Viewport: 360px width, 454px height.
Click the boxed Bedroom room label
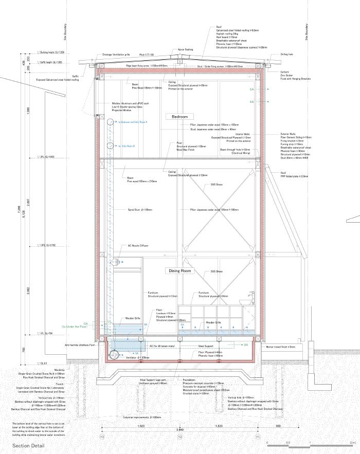click(180, 117)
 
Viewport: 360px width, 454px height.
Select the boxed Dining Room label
click(179, 270)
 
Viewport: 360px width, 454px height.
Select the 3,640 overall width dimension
click(179, 429)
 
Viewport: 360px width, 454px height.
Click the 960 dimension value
click(278, 426)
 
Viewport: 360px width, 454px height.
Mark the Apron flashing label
click(185, 50)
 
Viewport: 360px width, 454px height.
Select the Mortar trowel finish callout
click(281, 347)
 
